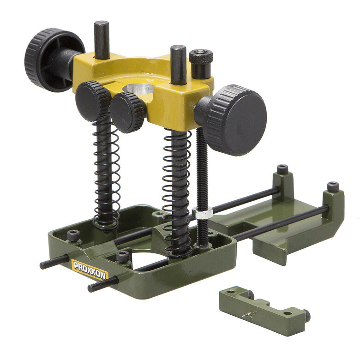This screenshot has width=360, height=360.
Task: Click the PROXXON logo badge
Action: coord(90,270)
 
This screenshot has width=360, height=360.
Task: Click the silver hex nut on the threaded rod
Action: coord(202,213)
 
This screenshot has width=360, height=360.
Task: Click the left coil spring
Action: coord(106,174)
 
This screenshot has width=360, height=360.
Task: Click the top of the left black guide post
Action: coord(102,24)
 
